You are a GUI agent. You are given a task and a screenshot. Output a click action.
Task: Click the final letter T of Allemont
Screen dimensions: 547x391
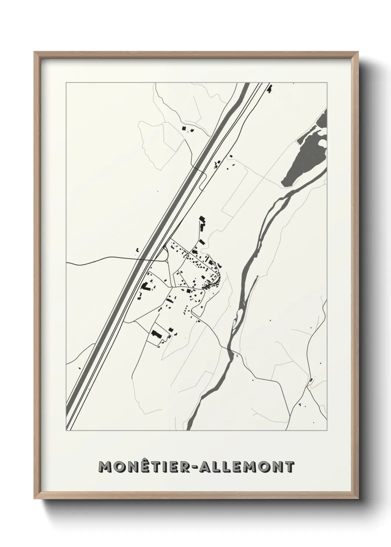tap(289, 466)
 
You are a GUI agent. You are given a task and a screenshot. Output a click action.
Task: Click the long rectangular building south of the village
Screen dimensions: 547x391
tap(156, 335)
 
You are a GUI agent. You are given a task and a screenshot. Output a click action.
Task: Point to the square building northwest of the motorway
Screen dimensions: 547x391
tap(184, 128)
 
